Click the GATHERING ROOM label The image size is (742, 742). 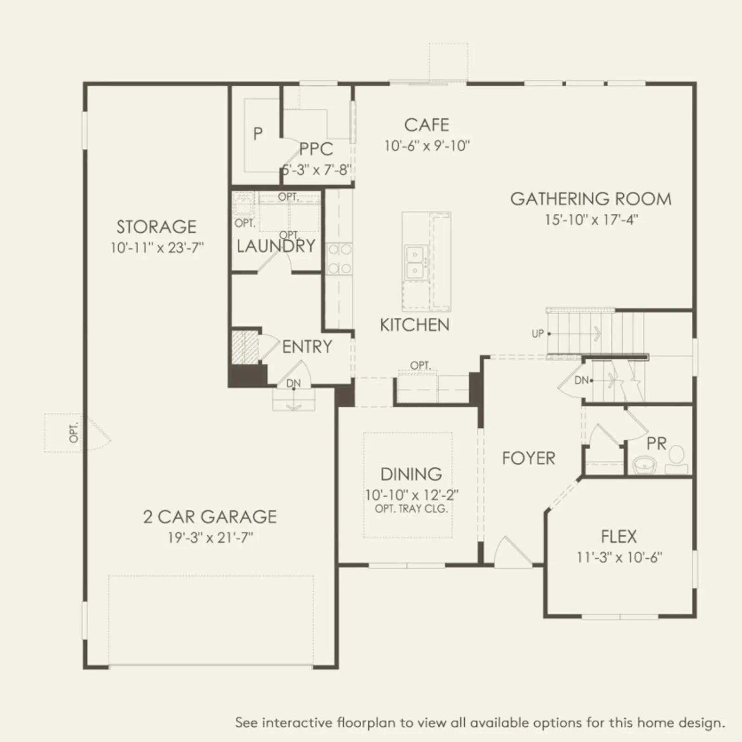(591, 199)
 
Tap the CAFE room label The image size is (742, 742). (427, 125)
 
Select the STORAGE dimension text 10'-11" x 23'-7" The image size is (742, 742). (157, 248)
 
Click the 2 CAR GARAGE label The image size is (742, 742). (210, 517)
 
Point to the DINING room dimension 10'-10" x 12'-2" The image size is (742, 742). (412, 495)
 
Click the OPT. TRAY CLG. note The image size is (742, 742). (411, 509)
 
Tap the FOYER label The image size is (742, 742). (529, 458)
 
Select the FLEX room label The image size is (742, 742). (619, 537)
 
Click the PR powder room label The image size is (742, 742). (656, 444)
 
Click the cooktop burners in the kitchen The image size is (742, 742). (339, 259)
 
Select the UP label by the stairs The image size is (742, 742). (538, 333)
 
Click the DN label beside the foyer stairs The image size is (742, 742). (581, 380)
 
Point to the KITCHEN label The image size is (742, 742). (415, 325)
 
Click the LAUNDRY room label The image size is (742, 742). (276, 246)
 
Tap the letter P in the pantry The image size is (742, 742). (258, 134)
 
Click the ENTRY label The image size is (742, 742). (307, 347)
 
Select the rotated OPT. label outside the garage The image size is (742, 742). (74, 432)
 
